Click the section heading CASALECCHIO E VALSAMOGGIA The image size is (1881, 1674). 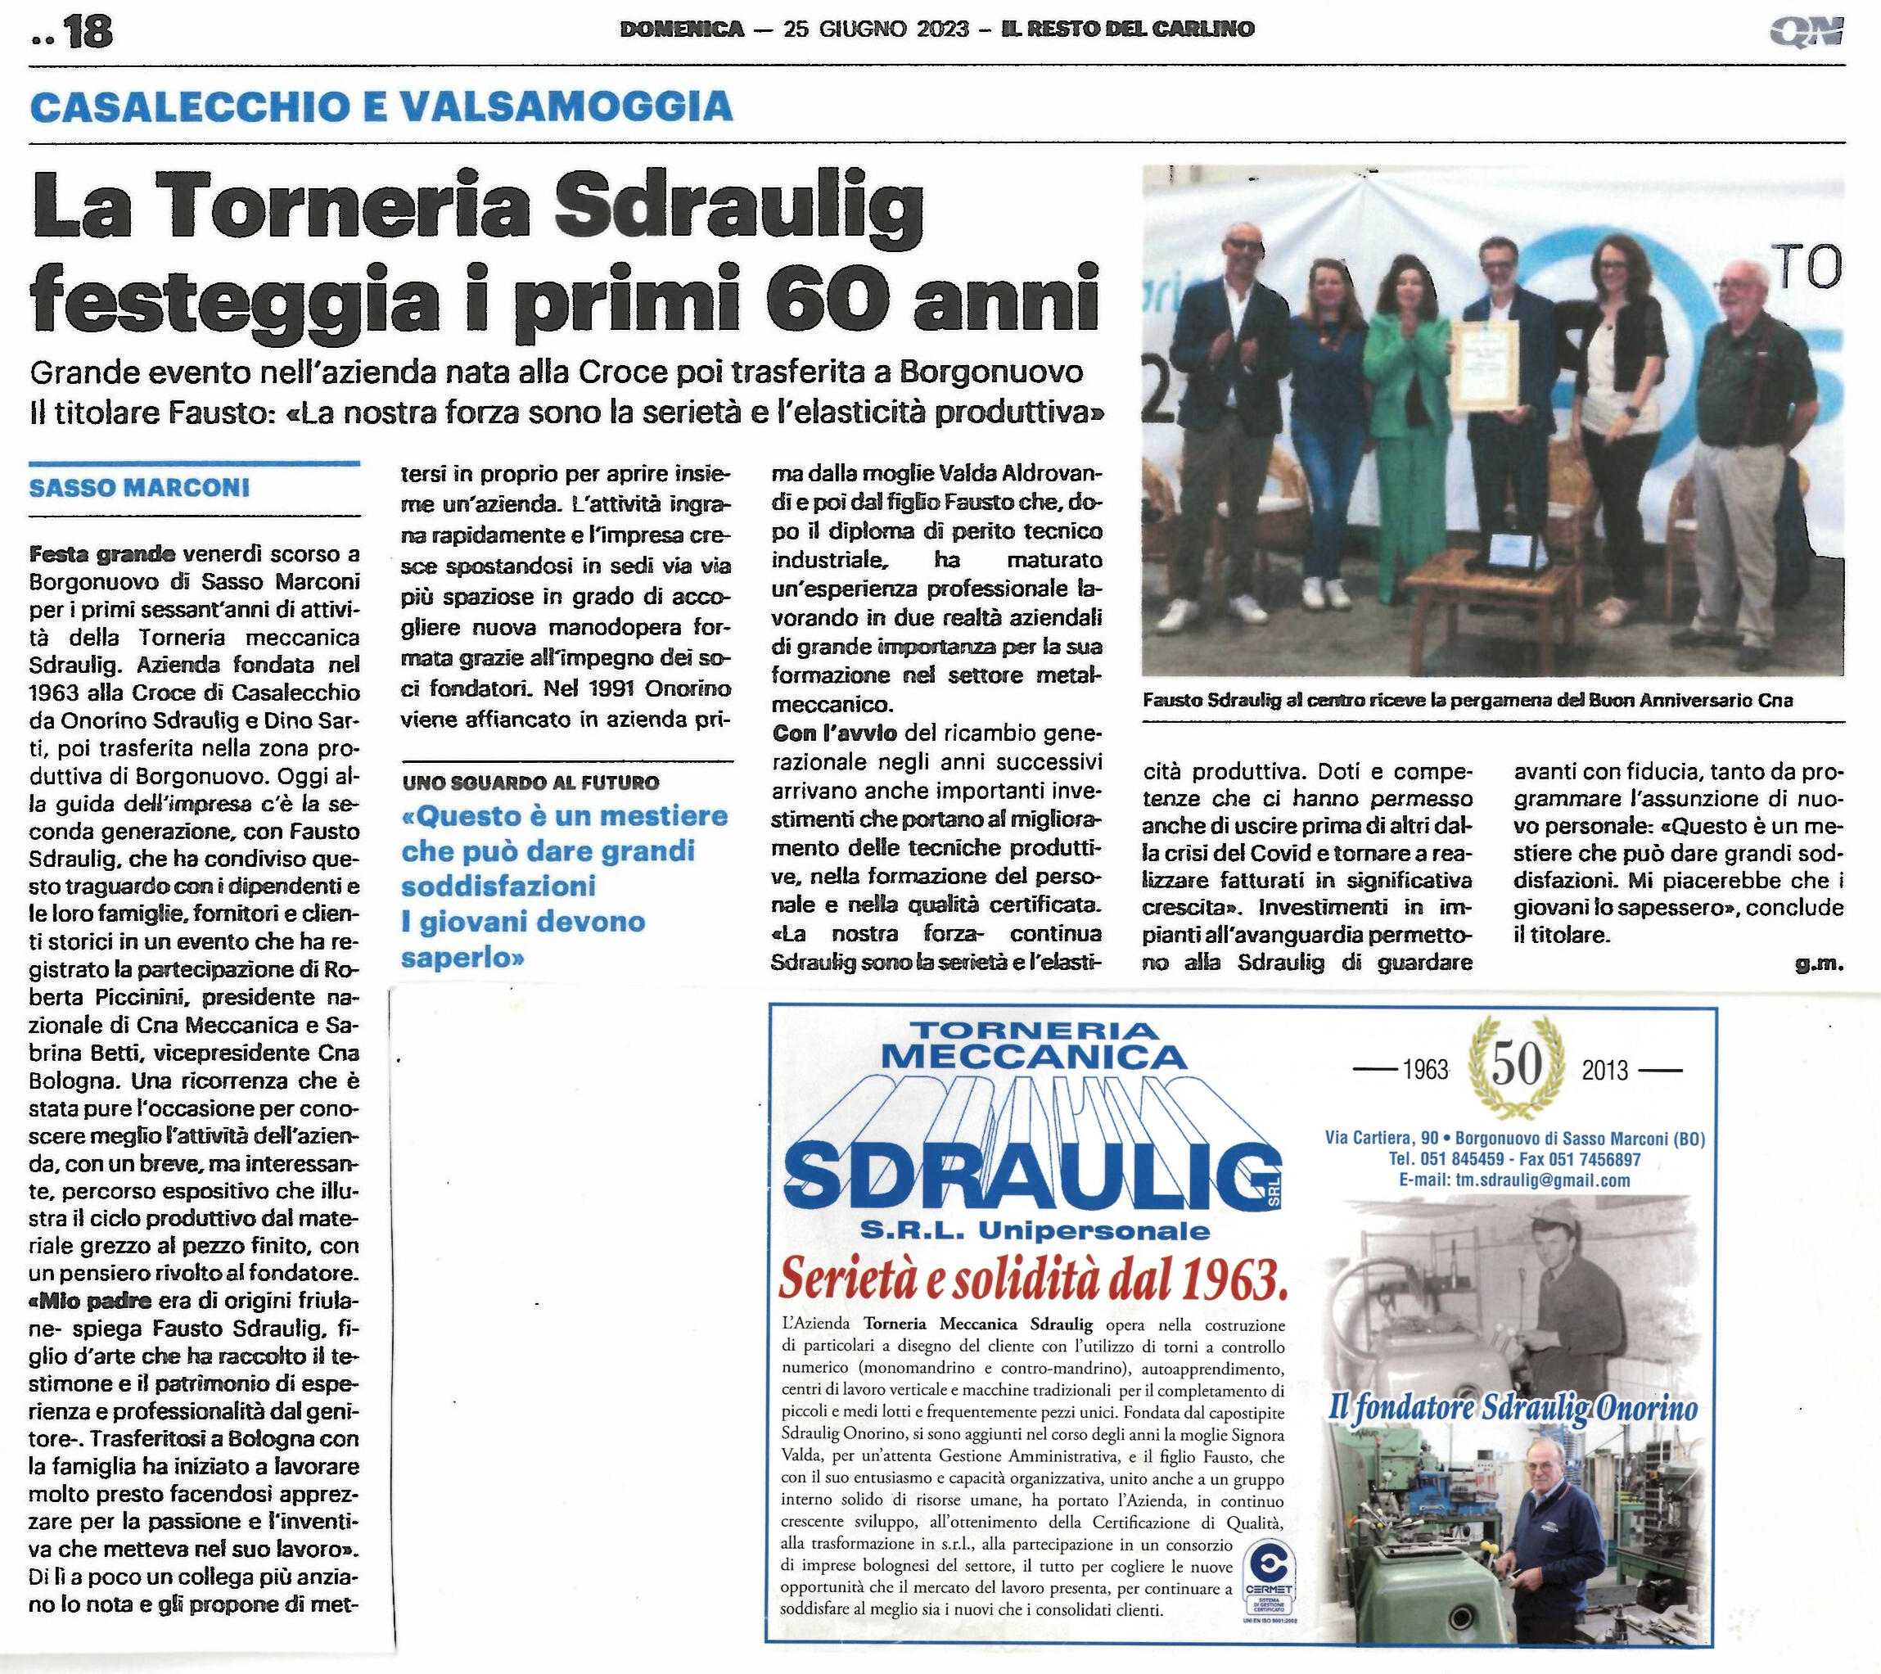381,106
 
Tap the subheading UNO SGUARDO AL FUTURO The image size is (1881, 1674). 530,783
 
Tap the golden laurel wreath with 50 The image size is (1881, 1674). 1517,1067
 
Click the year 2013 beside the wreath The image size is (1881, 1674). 1605,1070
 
